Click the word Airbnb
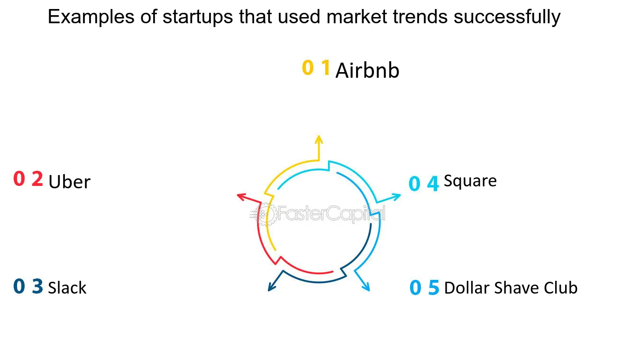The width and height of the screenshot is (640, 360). pos(367,71)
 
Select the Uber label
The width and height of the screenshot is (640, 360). pos(69,182)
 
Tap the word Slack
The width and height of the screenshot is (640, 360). pos(67,287)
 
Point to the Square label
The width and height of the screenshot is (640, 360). pos(470,181)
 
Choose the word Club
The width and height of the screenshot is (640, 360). pos(560,287)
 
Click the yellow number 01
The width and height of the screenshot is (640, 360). pos(316,68)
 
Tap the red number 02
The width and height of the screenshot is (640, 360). pos(28,179)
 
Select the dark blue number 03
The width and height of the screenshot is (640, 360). pos(28,286)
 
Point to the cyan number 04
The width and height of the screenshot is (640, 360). pos(424,184)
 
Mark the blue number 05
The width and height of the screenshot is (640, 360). pos(424,287)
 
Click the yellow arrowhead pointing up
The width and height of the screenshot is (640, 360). pos(319,139)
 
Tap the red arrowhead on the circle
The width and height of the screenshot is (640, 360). pos(241,196)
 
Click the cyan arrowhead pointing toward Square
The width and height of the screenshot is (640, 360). pos(396,196)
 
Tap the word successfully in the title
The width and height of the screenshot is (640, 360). pos(507,18)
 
